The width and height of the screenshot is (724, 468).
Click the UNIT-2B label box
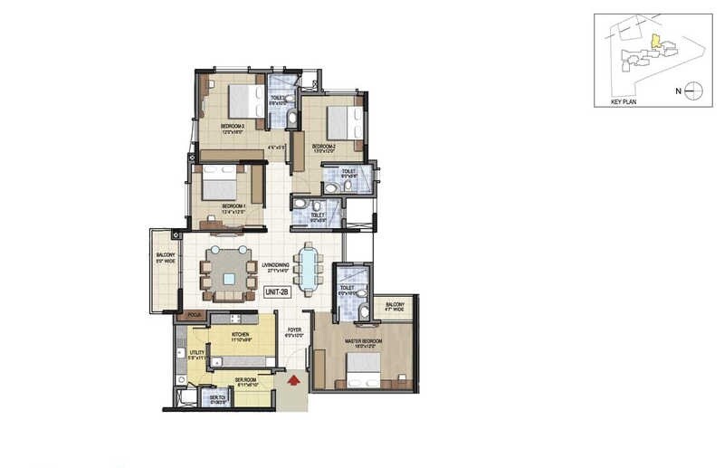(276, 291)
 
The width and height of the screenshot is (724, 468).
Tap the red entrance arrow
(292, 383)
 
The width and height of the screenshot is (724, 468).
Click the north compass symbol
(692, 90)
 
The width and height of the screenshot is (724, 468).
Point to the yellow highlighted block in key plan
(653, 41)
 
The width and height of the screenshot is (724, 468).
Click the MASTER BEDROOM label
(363, 341)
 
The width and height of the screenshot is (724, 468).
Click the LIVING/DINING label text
(275, 265)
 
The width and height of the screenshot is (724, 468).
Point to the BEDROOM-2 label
(324, 146)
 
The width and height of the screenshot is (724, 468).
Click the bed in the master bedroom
(362, 368)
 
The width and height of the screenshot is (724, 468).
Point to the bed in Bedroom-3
(240, 97)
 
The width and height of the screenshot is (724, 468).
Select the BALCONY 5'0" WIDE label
(166, 260)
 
